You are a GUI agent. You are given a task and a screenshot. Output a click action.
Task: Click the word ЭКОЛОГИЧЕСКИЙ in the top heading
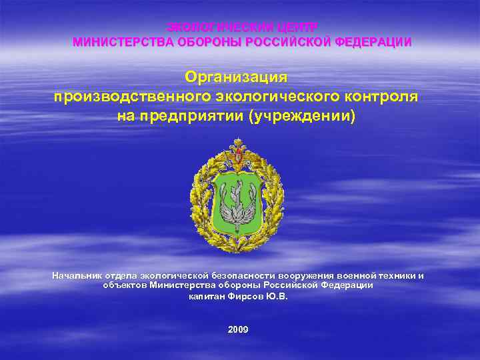pyautogui.click(x=216, y=27)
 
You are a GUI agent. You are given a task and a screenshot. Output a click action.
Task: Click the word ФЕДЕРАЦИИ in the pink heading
pyautogui.click(x=373, y=42)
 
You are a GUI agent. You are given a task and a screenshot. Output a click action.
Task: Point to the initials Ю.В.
pyautogui.click(x=277, y=297)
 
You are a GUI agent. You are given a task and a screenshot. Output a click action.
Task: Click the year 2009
pyautogui.click(x=238, y=329)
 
